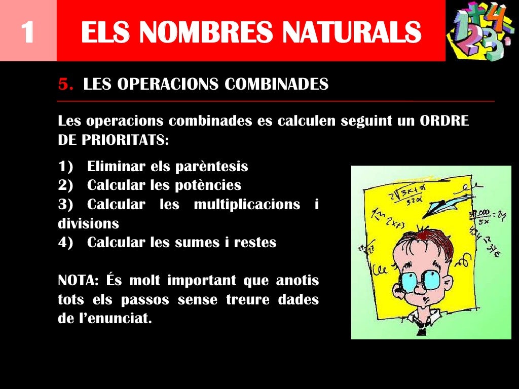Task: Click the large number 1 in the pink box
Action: pos(27,31)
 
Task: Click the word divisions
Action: pos(88,223)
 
